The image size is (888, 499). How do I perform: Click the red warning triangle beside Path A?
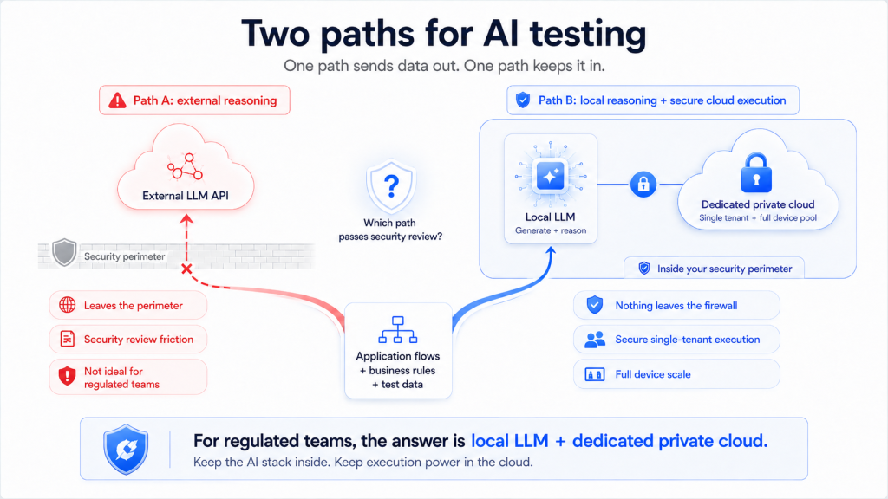point(117,100)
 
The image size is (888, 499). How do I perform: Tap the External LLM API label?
point(186,196)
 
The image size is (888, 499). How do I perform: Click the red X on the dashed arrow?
point(186,269)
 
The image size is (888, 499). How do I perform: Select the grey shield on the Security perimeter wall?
point(64,252)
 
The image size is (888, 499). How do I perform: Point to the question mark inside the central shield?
point(391,185)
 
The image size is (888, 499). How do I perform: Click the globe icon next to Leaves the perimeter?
point(68,305)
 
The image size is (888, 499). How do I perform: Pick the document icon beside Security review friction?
point(68,339)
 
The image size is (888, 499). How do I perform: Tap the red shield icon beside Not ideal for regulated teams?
point(68,376)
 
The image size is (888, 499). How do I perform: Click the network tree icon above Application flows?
point(397,330)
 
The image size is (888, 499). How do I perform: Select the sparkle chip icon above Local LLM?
point(550,176)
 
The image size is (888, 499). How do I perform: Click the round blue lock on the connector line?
point(643,185)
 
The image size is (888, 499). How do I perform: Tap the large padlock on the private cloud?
point(756,172)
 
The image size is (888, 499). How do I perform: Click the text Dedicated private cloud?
point(758,204)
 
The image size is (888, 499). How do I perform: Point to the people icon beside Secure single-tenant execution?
point(595,340)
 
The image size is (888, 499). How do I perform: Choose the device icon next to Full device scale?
point(595,374)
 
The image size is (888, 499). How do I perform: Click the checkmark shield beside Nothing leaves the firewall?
point(595,305)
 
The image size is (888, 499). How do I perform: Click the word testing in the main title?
point(588,34)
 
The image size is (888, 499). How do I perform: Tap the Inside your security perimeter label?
point(724,269)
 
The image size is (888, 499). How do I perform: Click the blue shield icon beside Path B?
point(523,100)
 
